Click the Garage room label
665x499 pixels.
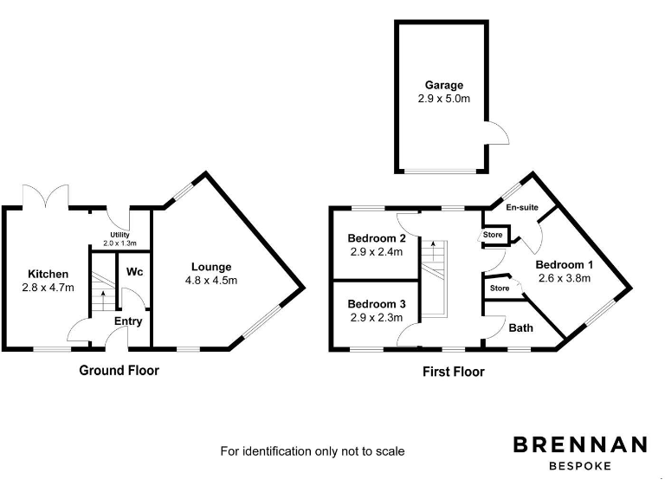tap(443, 86)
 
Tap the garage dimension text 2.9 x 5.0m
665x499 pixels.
tap(443, 100)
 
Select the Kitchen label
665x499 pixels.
tap(48, 274)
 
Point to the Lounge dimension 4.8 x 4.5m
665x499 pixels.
tap(210, 281)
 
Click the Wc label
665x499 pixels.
tap(134, 272)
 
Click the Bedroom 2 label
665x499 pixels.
tap(377, 238)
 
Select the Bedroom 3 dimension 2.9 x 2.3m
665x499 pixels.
tap(377, 318)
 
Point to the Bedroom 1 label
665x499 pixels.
tap(564, 265)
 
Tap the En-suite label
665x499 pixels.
tap(522, 208)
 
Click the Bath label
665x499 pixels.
tap(520, 327)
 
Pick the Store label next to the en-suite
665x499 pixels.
tap(493, 234)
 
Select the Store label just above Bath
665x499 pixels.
tap(500, 288)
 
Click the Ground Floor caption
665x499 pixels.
tap(119, 370)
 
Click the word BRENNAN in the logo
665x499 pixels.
tap(580, 444)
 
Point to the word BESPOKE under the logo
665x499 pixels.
tap(580, 466)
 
